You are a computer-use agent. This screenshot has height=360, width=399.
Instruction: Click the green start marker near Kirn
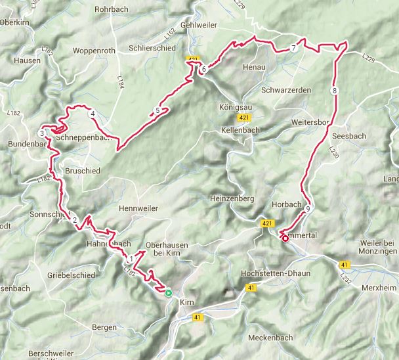169,294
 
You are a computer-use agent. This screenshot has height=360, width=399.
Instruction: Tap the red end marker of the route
285,239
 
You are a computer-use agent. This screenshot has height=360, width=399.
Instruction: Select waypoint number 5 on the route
157,110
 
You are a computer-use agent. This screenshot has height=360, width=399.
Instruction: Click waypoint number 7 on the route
294,49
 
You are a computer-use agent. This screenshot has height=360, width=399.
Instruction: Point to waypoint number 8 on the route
335,91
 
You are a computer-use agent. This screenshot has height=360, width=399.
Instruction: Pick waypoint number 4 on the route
93,115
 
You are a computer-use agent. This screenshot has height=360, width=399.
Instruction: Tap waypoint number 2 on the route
75,220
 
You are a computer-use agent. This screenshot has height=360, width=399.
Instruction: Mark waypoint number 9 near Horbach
307,209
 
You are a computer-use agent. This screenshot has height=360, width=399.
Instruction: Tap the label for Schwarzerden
285,89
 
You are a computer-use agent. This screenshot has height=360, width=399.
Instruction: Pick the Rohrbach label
112,10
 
